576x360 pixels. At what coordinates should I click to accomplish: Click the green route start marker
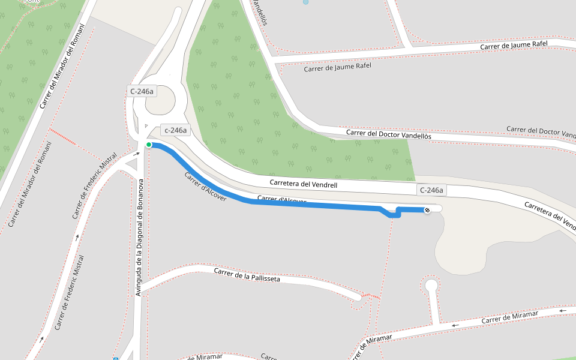(149, 145)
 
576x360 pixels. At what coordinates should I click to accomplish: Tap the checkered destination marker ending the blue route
(427, 209)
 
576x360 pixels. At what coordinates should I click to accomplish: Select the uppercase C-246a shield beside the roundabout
(142, 91)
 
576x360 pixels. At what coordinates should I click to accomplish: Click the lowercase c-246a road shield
(176, 130)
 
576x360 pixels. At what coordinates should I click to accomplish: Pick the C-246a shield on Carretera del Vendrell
(431, 190)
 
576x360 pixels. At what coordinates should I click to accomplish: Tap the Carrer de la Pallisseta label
(247, 275)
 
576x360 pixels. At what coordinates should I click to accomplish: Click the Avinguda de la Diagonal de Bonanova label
(139, 237)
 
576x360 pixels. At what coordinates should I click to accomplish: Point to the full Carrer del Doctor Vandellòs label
(388, 133)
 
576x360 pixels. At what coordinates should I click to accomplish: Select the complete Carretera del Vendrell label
(303, 184)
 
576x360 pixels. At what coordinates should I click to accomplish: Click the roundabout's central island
(158, 100)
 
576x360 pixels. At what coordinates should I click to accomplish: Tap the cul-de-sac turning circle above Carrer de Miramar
(431, 285)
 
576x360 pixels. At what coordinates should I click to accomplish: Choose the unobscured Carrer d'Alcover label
(205, 187)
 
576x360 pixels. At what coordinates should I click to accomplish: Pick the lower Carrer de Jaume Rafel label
(337, 67)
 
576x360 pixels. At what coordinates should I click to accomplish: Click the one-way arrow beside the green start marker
(137, 154)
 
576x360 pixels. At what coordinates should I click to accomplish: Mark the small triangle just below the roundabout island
(146, 125)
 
